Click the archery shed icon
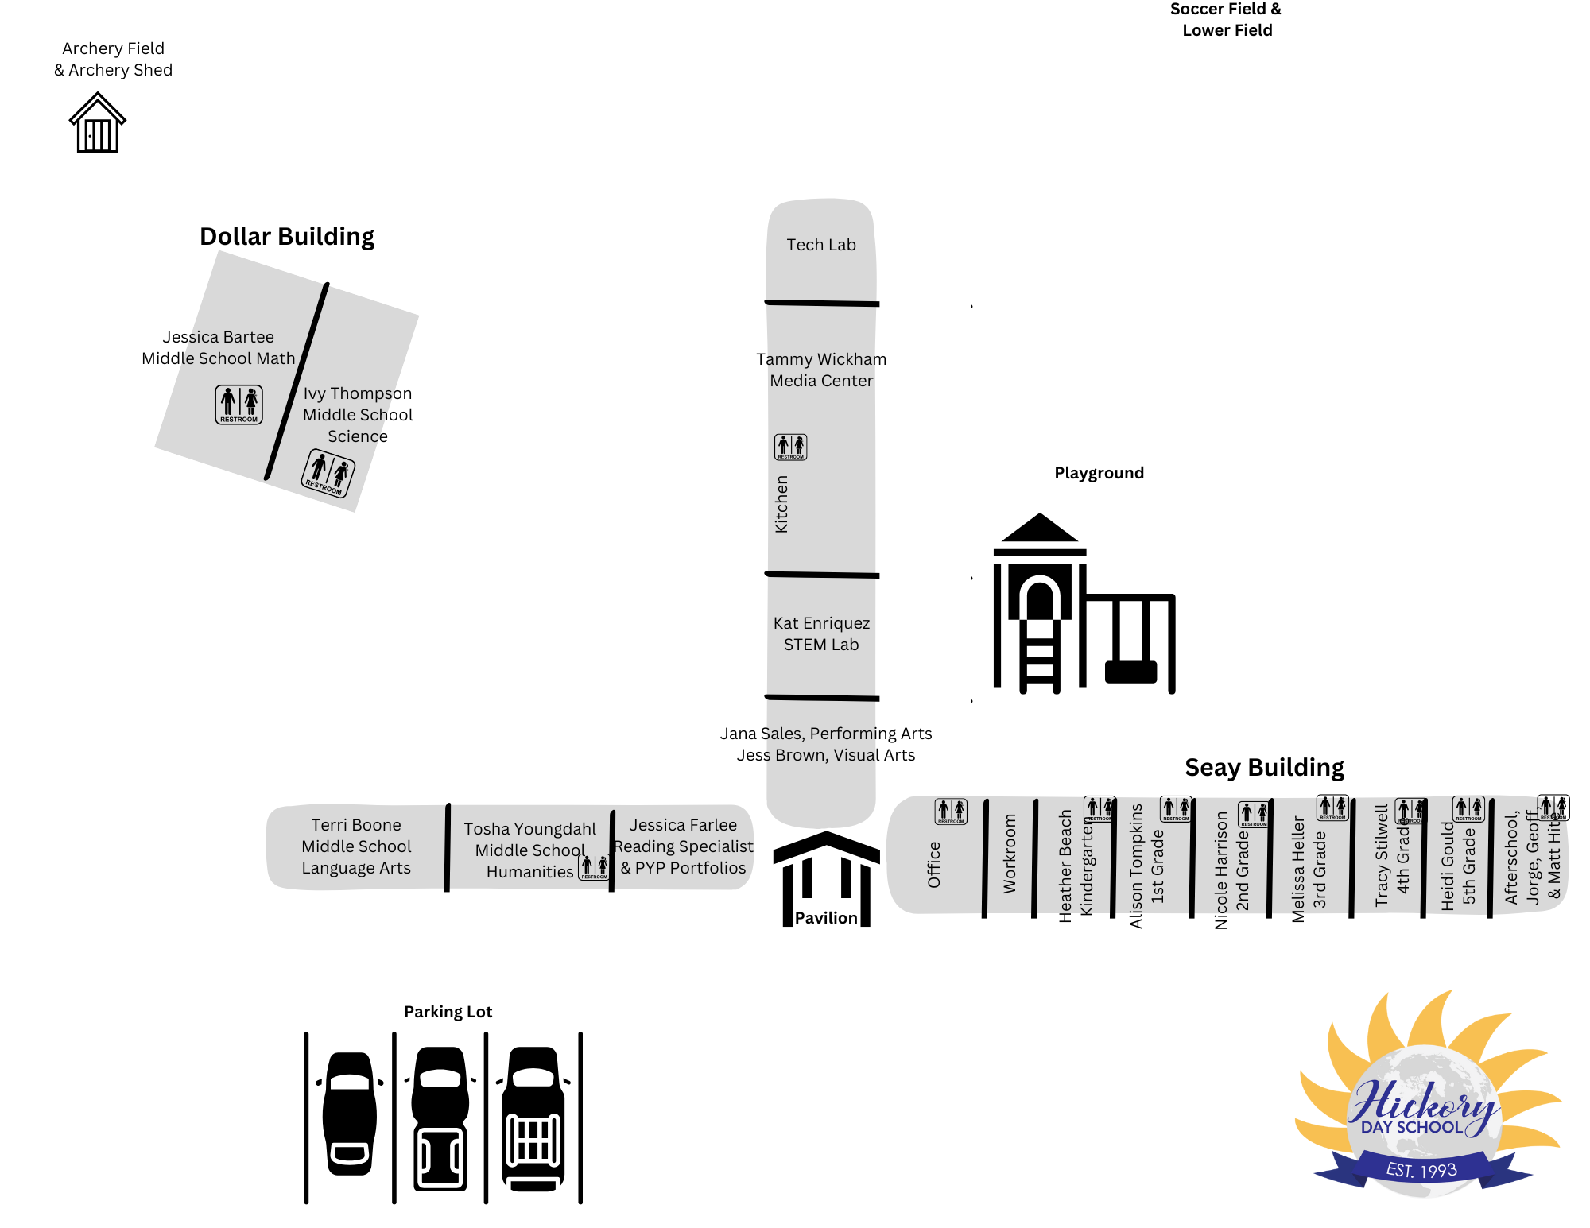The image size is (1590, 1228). (97, 123)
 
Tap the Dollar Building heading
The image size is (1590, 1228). (287, 237)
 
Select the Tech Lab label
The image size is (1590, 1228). (821, 245)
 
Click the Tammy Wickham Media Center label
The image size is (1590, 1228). (821, 370)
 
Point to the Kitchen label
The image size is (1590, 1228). (781, 504)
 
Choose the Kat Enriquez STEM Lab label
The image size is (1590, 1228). (821, 633)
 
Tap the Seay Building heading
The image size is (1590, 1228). (1264, 768)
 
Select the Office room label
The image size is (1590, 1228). (934, 864)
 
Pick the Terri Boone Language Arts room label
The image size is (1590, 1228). (356, 846)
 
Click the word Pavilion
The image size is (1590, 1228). (826, 918)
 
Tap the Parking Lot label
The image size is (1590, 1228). (448, 1012)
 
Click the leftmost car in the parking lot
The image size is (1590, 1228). (350, 1113)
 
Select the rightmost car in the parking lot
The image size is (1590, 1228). (533, 1117)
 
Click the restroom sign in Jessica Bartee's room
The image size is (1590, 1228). (238, 405)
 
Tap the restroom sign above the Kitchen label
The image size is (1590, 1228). (790, 447)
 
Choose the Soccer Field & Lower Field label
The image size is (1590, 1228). (1226, 20)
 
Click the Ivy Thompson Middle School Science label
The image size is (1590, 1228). (358, 415)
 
